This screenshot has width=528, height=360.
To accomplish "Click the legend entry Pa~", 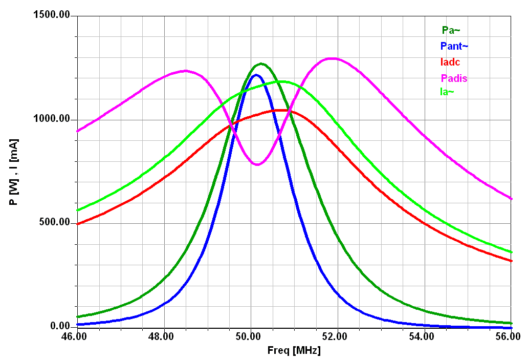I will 448,30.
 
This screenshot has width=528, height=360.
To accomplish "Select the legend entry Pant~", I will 454,46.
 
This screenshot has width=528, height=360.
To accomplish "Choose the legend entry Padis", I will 454,78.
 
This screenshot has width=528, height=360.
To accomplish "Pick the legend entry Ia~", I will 447,92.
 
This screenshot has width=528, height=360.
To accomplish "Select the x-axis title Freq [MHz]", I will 294,351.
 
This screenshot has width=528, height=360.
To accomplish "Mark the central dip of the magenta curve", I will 257,164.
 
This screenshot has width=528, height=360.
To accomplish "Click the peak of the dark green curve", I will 261,64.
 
